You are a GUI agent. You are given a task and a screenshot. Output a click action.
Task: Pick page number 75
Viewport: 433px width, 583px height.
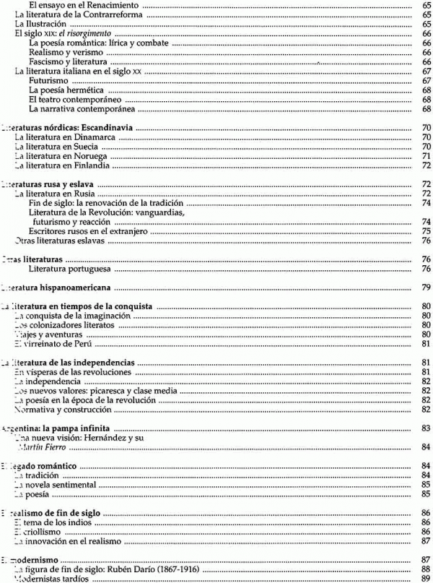[x=426, y=231]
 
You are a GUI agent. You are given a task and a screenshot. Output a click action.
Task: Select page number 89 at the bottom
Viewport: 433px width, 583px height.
[x=426, y=579]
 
